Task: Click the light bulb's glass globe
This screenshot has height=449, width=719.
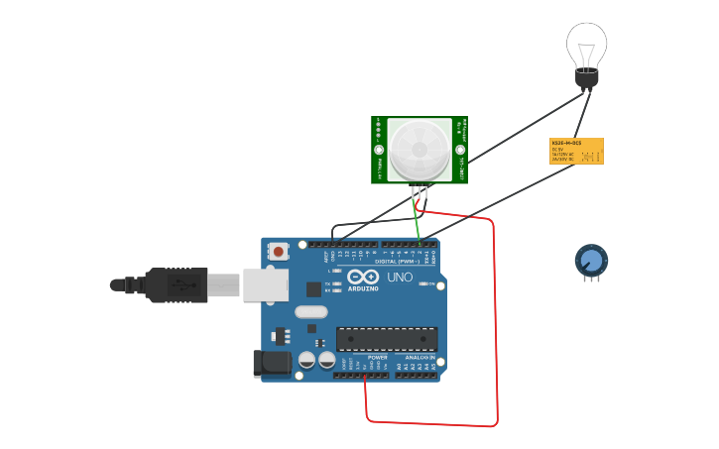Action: (586, 45)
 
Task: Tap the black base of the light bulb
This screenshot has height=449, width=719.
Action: (587, 77)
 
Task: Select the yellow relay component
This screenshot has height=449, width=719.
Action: (576, 151)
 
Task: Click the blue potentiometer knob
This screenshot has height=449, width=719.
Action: (591, 261)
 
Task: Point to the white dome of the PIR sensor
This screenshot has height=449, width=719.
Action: (419, 150)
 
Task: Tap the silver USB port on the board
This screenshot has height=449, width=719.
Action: (265, 284)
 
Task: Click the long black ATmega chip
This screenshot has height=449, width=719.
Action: (386, 339)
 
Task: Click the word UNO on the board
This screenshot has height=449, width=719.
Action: (400, 278)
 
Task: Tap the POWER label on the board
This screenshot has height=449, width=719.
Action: (377, 358)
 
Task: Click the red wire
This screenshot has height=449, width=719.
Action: (494, 327)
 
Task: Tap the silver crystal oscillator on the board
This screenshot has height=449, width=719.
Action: (309, 312)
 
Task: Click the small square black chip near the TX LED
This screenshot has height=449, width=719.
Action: (313, 288)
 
